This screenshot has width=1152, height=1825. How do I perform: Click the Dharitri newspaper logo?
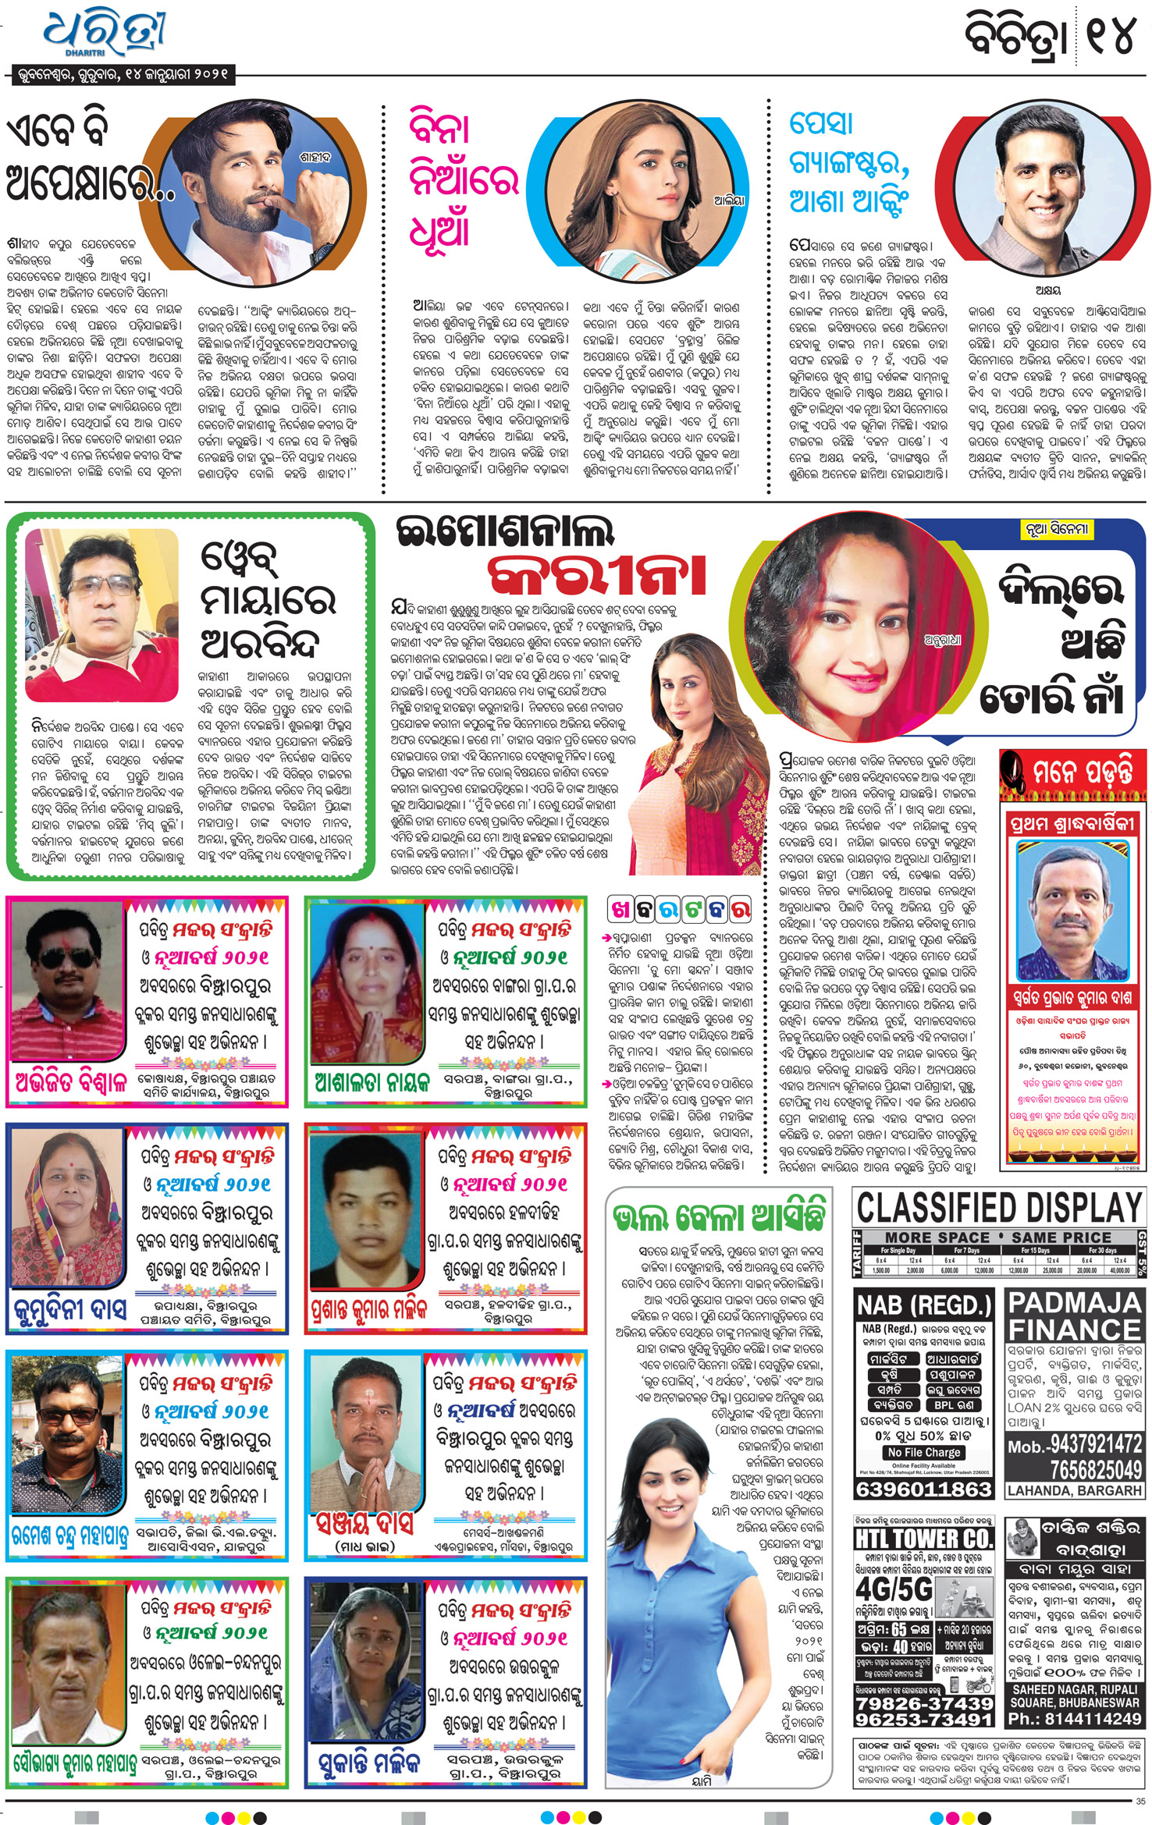point(104,35)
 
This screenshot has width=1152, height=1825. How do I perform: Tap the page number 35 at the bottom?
point(1140,1802)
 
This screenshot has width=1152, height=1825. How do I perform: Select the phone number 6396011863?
point(923,1489)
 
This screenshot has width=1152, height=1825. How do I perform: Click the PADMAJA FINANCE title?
point(1074,1315)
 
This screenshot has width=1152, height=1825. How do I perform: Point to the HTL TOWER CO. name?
point(923,1539)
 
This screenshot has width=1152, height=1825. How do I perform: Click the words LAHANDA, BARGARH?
point(1074,1490)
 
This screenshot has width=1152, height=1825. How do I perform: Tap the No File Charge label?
point(923,1452)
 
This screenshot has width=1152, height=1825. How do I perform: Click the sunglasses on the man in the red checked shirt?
point(68,957)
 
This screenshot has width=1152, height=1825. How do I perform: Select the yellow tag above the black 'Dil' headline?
point(1055,529)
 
